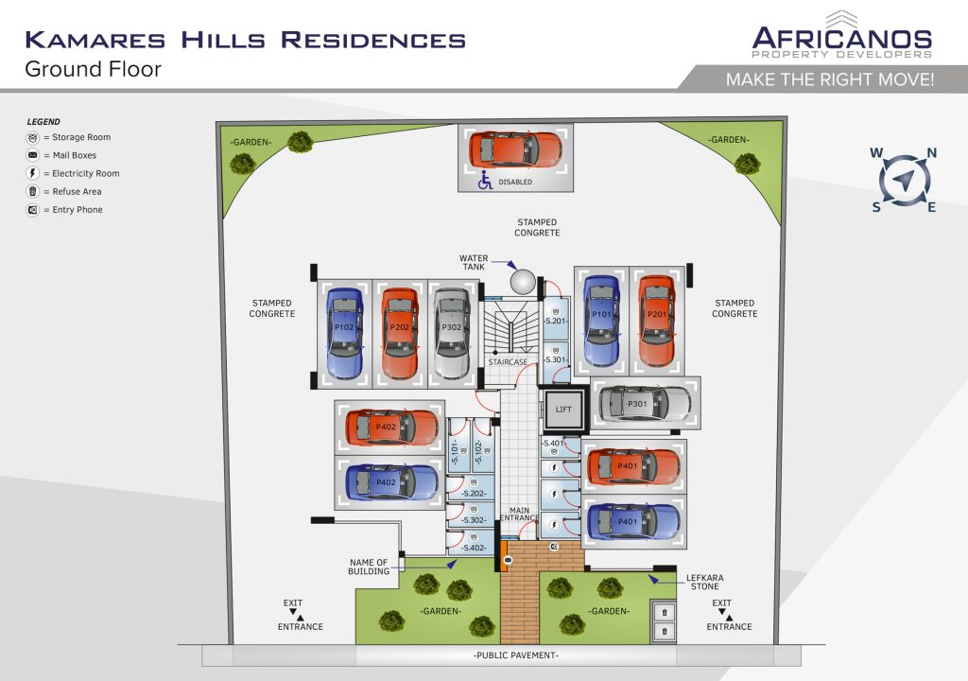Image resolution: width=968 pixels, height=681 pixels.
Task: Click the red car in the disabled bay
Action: [x=515, y=149]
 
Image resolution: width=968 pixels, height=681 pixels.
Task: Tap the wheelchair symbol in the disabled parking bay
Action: [x=485, y=181]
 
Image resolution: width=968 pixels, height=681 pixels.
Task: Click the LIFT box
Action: [x=563, y=410]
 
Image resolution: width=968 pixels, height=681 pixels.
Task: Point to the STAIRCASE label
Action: [x=508, y=362]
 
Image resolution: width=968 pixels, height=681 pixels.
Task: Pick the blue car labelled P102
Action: [x=344, y=333]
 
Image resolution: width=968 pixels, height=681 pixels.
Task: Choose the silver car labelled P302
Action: [x=451, y=333]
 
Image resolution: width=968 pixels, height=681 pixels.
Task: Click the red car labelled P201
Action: [x=656, y=321]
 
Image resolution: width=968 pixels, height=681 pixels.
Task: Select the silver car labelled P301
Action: [x=645, y=404]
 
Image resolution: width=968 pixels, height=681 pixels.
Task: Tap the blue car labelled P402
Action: [x=391, y=482]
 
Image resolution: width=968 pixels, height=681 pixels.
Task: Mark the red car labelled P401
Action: [x=633, y=466]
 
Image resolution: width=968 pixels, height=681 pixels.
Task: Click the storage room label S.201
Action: [x=556, y=321]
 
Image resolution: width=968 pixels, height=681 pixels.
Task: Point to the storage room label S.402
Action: [x=474, y=548]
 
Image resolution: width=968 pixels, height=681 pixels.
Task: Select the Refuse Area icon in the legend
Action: [x=33, y=192]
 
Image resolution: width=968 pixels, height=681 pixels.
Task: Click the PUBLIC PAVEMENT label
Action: [x=515, y=655]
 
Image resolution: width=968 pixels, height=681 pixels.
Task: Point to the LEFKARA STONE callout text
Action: [x=705, y=582]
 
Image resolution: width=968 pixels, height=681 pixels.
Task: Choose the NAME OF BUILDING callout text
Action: [x=369, y=567]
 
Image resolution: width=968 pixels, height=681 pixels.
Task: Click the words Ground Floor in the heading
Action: [x=94, y=69]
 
